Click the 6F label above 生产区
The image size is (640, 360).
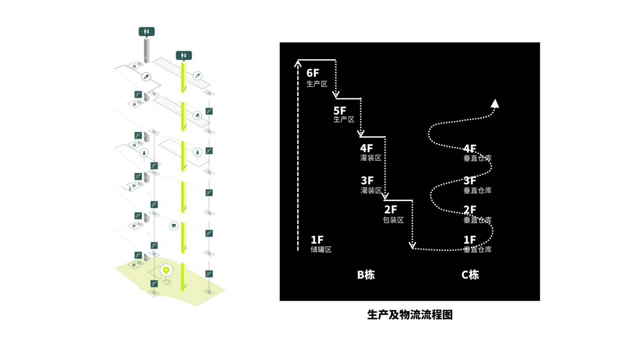tap(313, 73)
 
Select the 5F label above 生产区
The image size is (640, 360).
tap(340, 111)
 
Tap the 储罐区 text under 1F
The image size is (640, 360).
tap(321, 250)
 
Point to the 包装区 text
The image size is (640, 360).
tap(393, 220)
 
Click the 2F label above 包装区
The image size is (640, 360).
tap(390, 210)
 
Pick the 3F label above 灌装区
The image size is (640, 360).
tap(367, 180)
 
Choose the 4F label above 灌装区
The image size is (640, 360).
tap(367, 148)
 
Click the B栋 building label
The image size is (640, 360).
tap(366, 275)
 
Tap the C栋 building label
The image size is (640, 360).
tap(470, 275)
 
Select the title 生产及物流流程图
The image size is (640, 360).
tap(410, 314)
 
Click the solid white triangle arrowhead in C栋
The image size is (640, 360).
tap(495, 103)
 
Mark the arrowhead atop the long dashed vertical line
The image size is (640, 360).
tap(298, 64)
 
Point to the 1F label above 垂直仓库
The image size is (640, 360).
tap(470, 240)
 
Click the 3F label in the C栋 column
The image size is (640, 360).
tap(470, 180)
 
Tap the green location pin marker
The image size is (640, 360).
tap(166, 270)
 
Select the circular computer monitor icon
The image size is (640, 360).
tap(173, 226)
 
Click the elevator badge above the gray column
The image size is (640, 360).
tap(147, 32)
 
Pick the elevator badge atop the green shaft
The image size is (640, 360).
tap(184, 56)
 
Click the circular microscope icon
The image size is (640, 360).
tap(197, 115)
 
